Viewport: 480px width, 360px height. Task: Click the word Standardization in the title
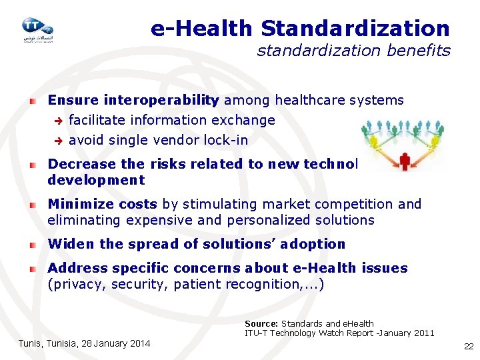[355, 29]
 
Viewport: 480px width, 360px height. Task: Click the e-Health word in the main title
[201, 29]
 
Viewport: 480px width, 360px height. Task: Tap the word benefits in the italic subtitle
[425, 51]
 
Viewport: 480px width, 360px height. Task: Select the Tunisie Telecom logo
[37, 29]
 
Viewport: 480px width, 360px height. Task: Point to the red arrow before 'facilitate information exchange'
[58, 121]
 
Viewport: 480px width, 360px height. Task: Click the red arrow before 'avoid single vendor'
[58, 141]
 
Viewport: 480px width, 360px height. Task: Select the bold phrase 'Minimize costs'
[102, 204]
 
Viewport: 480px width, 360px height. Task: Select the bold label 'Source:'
[261, 323]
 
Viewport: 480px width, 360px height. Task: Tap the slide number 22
[467, 347]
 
